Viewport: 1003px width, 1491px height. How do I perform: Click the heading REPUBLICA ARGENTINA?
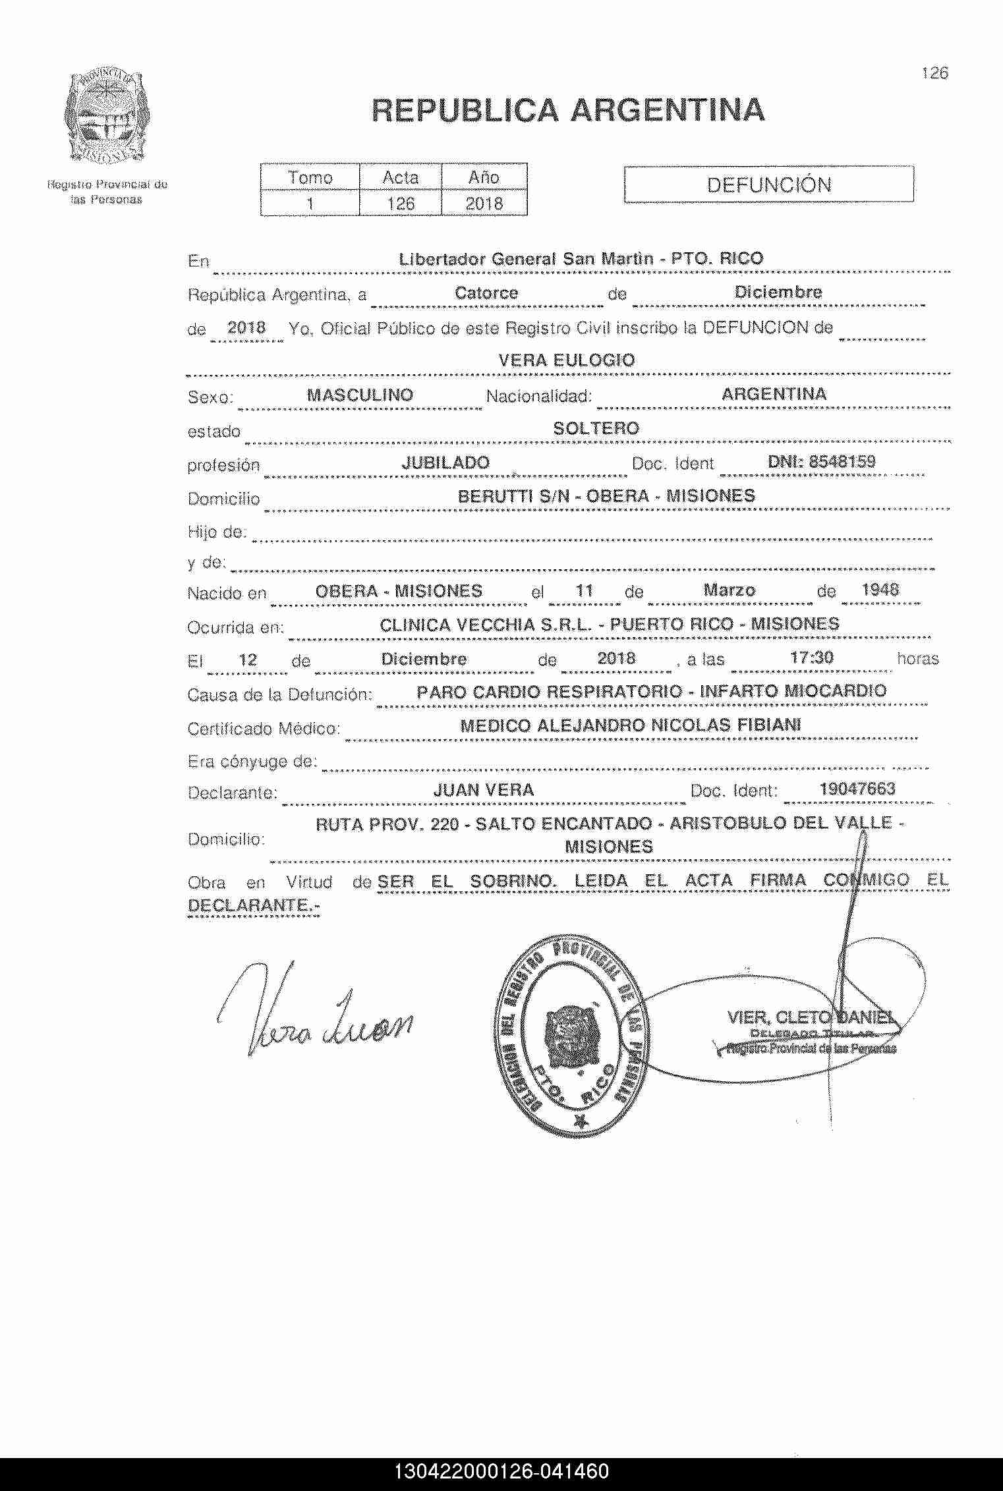click(x=568, y=110)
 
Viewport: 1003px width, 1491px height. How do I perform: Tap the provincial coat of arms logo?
click(x=105, y=118)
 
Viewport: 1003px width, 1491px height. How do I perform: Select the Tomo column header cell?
click(x=310, y=177)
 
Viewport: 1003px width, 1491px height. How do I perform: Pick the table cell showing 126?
click(x=401, y=204)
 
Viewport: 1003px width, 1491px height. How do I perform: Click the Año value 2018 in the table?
click(x=484, y=204)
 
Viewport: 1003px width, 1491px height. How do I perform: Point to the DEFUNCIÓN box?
click(x=768, y=184)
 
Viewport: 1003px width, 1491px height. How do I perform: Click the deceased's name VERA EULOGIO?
click(x=567, y=360)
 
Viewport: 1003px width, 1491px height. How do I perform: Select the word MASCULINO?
click(x=360, y=395)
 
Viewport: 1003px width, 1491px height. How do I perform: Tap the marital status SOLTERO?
click(x=596, y=429)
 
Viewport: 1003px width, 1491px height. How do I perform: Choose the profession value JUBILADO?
click(x=445, y=463)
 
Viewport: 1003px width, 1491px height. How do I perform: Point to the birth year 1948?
click(x=880, y=589)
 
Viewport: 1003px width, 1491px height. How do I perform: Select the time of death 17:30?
click(x=811, y=658)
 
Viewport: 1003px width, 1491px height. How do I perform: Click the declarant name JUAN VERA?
click(x=483, y=790)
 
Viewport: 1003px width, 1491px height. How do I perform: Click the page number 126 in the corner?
click(x=934, y=73)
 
